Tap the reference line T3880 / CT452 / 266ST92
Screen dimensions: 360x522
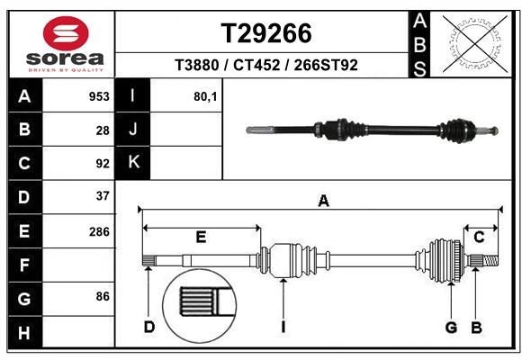pos(267,65)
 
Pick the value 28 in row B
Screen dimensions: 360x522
pos(103,130)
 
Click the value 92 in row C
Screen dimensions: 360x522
pos(103,164)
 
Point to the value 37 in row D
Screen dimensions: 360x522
pos(103,196)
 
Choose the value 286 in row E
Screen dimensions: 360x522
pos(99,231)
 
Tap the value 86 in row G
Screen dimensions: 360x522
pos(103,296)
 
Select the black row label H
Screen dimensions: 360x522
pos(24,334)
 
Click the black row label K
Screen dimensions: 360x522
pos(133,163)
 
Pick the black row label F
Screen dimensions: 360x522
pos(24,265)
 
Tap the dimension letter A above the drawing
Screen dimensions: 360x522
pos(323,202)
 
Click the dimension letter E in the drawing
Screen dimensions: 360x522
pos(201,238)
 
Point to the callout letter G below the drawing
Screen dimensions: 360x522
pos(451,327)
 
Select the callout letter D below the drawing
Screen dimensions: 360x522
pos(149,327)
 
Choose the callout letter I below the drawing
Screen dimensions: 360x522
pos(283,327)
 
